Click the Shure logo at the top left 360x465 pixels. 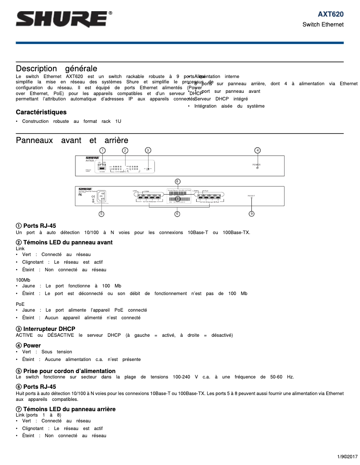point(64,19)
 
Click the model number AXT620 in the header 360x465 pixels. point(331,14)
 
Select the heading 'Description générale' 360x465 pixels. point(57,69)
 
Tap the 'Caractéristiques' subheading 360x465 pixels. point(41,112)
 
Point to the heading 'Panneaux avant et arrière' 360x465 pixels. point(72,140)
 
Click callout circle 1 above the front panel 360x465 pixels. point(102,150)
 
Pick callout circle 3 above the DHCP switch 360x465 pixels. point(148,150)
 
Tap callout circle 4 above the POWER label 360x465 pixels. point(257,150)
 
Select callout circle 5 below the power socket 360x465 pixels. point(101,213)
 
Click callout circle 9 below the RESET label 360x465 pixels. point(251,213)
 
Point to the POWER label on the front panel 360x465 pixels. point(257,165)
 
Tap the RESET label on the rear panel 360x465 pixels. point(251,196)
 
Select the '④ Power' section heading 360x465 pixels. point(28,345)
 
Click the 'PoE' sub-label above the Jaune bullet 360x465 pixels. point(20,304)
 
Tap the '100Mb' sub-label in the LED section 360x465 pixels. point(23,279)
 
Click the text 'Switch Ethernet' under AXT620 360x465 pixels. point(323,25)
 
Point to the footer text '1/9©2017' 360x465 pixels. point(347,456)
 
